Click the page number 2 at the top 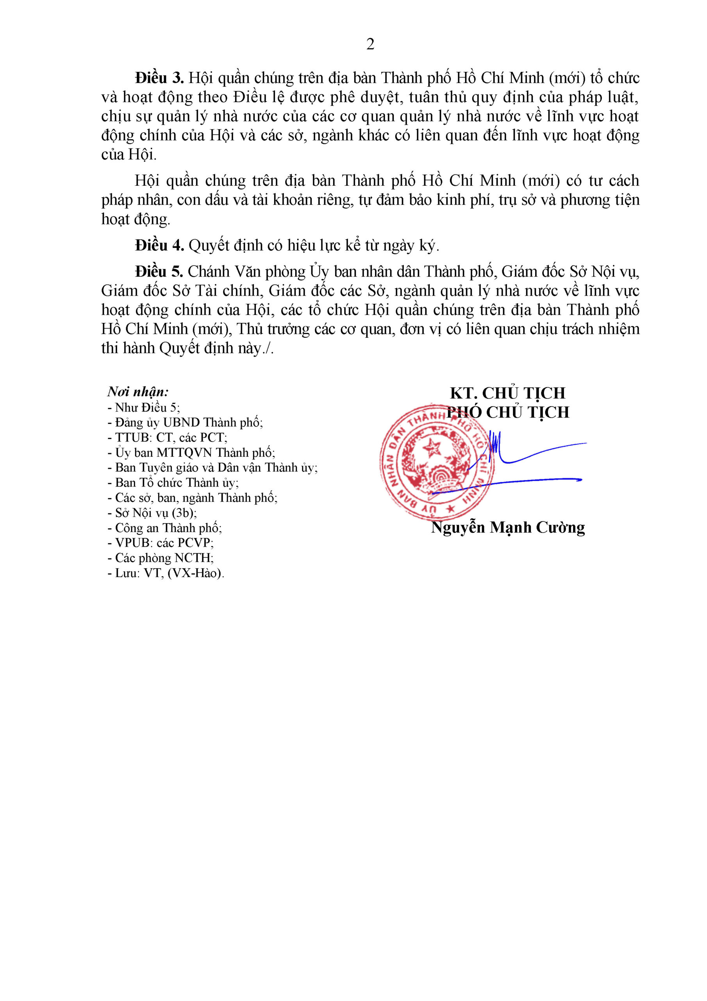pyautogui.click(x=370, y=44)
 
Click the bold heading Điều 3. pyautogui.click(x=159, y=78)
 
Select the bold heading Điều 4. pyautogui.click(x=159, y=246)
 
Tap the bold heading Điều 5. pyautogui.click(x=159, y=272)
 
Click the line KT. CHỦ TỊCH pyautogui.click(x=507, y=393)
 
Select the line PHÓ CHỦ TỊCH pyautogui.click(x=508, y=413)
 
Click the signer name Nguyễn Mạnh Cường pyautogui.click(x=508, y=527)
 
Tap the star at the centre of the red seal pyautogui.click(x=432, y=447)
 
